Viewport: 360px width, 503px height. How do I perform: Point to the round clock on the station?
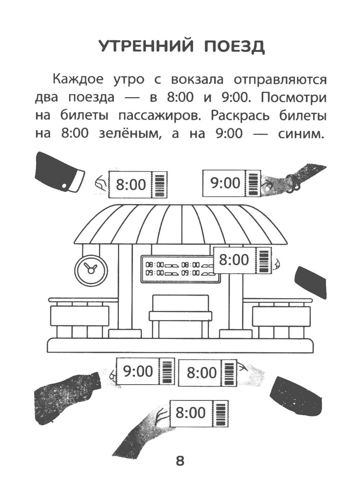click(91, 270)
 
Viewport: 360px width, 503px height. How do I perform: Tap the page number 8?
click(180, 460)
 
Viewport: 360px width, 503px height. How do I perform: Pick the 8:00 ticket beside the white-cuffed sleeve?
click(138, 185)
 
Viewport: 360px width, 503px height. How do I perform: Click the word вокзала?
click(197, 79)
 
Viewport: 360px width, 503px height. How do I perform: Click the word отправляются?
click(280, 80)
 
